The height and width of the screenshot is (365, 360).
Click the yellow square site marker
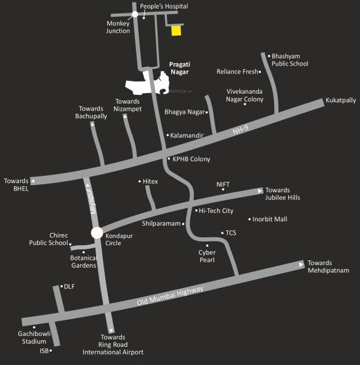coord(175,30)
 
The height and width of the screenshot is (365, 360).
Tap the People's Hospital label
coord(164,6)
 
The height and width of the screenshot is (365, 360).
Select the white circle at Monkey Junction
coord(135,13)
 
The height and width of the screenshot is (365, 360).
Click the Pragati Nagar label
coord(179,68)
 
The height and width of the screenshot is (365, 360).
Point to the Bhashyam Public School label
coord(290,60)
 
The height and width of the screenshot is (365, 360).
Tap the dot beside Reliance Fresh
coord(260,72)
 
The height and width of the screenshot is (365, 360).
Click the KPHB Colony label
coord(191,159)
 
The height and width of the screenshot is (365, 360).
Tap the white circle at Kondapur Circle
coord(96,232)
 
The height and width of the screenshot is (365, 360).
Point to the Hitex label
coord(150,182)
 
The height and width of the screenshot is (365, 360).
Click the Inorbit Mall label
coord(271,219)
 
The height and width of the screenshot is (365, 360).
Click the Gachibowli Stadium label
coord(35,338)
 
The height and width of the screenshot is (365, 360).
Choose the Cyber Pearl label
coord(207,255)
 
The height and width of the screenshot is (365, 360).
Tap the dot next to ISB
coord(51,350)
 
